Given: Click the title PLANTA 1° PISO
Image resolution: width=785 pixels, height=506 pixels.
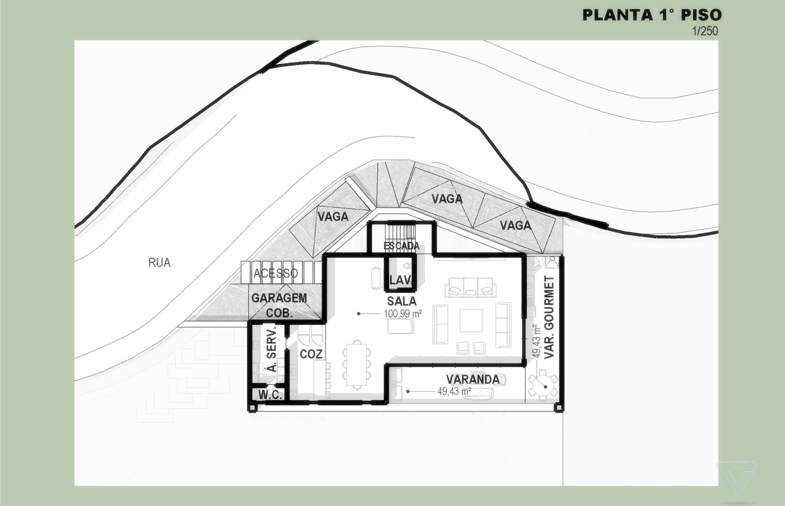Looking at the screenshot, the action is pos(652,15).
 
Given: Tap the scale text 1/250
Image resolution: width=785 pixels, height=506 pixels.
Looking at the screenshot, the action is pos(705,31).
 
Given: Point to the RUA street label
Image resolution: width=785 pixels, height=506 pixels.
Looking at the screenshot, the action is pos(159,262).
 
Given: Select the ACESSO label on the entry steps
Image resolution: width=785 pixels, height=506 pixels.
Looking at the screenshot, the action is pos(276,273).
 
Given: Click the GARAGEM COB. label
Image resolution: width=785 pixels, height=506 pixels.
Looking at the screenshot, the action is pos(279,305).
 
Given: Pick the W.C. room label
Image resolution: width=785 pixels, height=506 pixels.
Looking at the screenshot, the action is pos(270,395).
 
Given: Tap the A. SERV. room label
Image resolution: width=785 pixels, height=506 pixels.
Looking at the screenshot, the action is pos(272,349).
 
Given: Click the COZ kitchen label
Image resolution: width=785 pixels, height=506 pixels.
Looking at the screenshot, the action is pos(311,354).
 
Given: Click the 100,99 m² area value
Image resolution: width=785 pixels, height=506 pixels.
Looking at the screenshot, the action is pos(403,313).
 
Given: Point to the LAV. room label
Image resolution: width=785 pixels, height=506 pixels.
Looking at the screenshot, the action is pos(400,280).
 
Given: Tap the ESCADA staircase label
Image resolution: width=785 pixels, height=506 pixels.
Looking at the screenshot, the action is pos(402,246).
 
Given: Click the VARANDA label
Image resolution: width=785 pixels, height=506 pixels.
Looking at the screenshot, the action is pos(473,379).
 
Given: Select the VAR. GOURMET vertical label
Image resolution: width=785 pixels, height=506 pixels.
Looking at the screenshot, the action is pos(549,317).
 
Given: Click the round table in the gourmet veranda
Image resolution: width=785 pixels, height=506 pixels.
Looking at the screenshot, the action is pos(543,386).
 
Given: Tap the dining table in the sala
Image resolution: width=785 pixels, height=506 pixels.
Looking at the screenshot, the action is pos(357,365).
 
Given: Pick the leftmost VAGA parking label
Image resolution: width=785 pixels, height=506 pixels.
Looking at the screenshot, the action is pos(333,217).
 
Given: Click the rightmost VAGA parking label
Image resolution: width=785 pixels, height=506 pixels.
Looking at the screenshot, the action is pos(516,225).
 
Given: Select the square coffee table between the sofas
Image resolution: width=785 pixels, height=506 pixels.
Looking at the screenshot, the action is pos(471,320).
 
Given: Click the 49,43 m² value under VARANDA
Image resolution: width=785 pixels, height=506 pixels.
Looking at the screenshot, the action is pos(454,391).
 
